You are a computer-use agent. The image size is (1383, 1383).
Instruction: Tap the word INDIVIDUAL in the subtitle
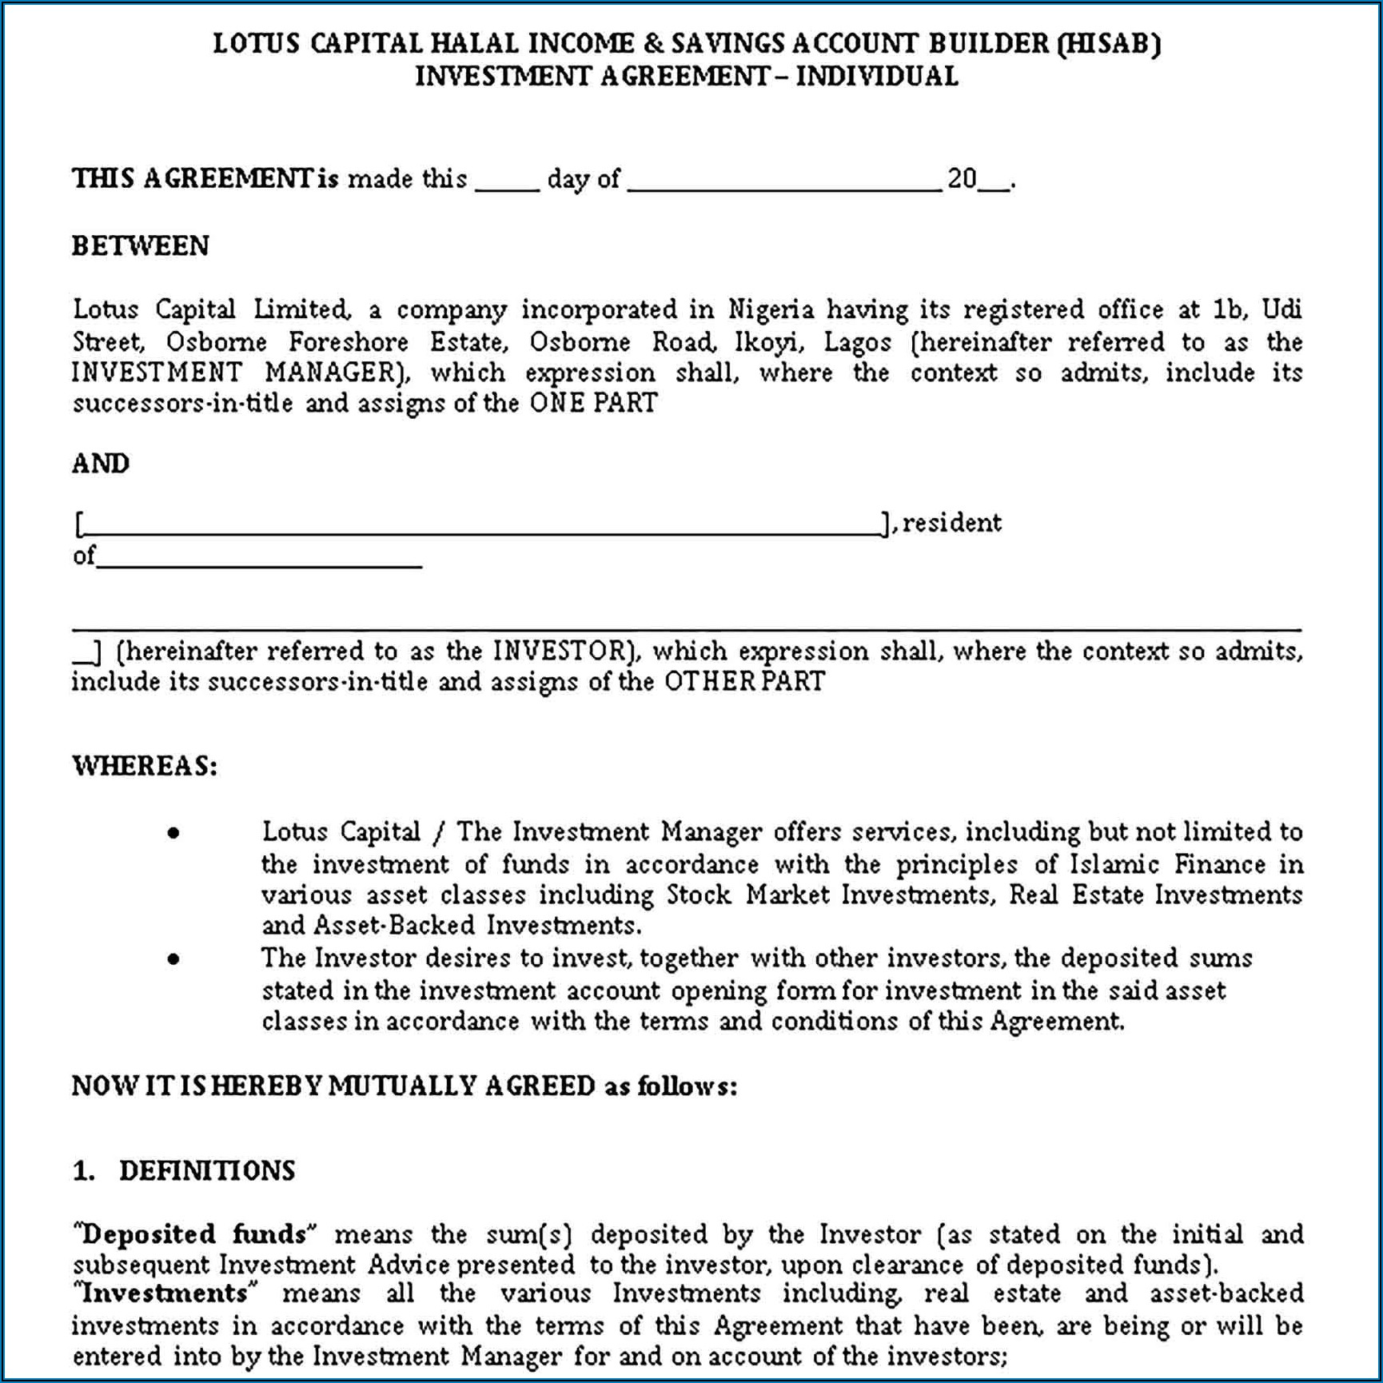click(x=877, y=76)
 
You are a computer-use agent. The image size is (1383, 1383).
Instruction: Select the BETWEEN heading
click(x=141, y=245)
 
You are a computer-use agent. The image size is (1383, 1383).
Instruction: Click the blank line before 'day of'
click(x=507, y=185)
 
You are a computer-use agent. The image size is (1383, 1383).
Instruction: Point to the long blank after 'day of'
click(x=784, y=185)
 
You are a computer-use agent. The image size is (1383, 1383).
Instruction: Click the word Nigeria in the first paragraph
click(x=771, y=309)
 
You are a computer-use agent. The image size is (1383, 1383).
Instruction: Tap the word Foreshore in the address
click(x=348, y=342)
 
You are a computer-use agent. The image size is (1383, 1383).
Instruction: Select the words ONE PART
click(x=593, y=403)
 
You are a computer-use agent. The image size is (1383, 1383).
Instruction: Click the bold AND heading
click(x=101, y=464)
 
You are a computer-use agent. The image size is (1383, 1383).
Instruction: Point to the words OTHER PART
click(x=744, y=682)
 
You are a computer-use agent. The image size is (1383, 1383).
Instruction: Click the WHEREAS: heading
click(x=145, y=766)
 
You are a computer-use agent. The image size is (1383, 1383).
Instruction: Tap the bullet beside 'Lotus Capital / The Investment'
click(x=173, y=834)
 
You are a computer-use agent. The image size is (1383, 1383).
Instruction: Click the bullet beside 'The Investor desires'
click(x=173, y=959)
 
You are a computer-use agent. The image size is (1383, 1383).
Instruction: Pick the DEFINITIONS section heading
click(x=207, y=1171)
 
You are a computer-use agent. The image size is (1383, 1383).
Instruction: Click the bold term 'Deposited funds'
click(x=194, y=1234)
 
